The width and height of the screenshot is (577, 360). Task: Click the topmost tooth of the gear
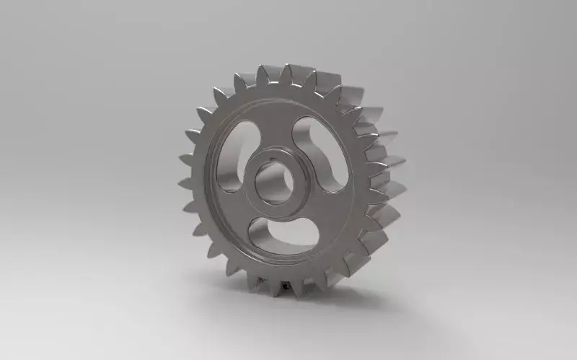pyautogui.click(x=288, y=71)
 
